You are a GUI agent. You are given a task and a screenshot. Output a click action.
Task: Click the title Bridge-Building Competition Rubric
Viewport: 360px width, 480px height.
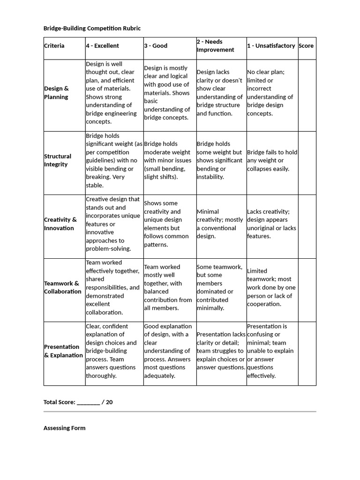92,29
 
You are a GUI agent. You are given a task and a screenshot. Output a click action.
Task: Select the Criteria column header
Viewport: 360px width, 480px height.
54,46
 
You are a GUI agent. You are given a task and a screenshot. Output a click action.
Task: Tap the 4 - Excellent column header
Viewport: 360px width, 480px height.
102,46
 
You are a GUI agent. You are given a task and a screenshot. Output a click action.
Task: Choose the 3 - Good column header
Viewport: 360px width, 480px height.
156,46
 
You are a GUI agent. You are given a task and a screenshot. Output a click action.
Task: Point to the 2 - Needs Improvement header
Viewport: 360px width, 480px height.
215,46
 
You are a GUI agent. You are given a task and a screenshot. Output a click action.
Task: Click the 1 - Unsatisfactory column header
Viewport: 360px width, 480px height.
271,46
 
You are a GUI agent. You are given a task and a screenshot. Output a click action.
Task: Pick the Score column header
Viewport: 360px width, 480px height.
306,46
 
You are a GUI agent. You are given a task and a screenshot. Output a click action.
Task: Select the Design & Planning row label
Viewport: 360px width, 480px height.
56,93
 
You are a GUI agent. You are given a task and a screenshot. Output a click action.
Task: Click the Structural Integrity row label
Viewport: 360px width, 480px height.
58,160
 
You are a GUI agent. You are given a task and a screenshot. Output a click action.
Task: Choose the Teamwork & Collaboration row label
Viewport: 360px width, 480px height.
62,287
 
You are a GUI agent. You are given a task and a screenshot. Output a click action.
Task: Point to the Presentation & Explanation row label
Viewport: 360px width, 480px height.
63,351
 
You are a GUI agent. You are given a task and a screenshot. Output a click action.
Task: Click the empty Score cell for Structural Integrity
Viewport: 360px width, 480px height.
307,163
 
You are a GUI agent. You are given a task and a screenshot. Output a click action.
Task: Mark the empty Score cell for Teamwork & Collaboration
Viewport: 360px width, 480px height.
307,290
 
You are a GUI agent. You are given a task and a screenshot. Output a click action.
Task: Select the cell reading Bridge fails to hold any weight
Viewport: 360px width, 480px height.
272,160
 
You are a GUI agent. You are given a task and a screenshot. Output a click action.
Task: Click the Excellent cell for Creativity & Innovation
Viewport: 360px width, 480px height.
113,224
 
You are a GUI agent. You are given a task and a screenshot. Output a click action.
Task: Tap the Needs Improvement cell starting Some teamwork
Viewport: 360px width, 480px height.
220,287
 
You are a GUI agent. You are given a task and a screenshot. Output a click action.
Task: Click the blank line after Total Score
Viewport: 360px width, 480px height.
88,402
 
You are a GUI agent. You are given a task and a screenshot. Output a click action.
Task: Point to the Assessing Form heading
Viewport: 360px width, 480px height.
64,428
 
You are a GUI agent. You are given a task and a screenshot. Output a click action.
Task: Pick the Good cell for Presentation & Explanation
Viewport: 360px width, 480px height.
168,351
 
